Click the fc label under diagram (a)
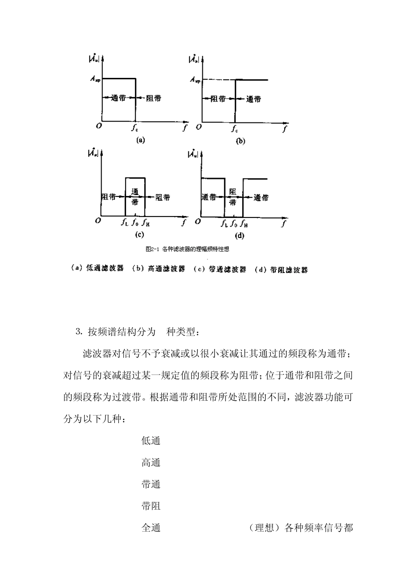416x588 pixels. click(x=135, y=129)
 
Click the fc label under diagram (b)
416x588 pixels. click(x=235, y=129)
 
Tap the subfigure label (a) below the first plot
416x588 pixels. click(x=140, y=140)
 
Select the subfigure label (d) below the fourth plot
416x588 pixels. click(x=240, y=236)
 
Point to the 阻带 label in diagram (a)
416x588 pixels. click(x=153, y=98)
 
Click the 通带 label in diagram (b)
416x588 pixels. click(x=253, y=99)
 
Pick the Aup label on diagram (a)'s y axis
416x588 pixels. click(x=95, y=79)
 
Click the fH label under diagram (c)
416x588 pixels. click(x=146, y=223)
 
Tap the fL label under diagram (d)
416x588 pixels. click(x=224, y=224)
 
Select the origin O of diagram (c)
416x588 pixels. click(x=98, y=221)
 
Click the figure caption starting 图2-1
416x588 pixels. click(x=187, y=249)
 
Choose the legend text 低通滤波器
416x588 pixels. click(x=105, y=269)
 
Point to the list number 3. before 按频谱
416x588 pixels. click(x=79, y=332)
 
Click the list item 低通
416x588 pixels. click(x=151, y=441)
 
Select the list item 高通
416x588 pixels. click(x=151, y=462)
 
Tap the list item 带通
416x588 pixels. click(x=151, y=484)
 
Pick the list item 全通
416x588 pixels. click(x=151, y=528)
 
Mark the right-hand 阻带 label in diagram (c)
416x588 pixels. click(x=163, y=198)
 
